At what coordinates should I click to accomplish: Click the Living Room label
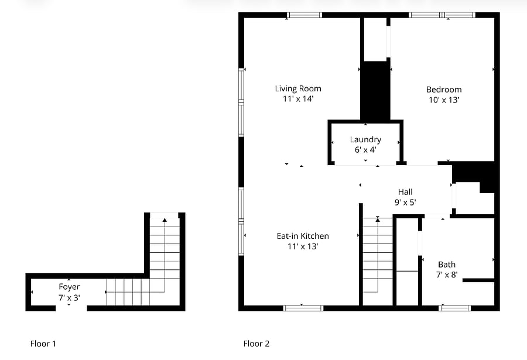click(x=298, y=89)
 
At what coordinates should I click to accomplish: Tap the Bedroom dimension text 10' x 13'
click(x=444, y=100)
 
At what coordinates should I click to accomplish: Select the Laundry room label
click(x=365, y=140)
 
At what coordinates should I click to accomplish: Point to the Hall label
click(x=405, y=192)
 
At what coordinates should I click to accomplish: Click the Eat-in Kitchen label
click(x=303, y=236)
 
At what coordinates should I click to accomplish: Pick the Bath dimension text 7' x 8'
click(x=447, y=275)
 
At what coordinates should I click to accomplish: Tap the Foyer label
click(x=69, y=287)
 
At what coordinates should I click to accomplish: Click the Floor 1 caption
click(x=43, y=344)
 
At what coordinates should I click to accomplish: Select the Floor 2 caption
click(x=256, y=344)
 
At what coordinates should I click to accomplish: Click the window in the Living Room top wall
click(x=304, y=15)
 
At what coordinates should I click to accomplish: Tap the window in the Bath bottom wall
click(x=455, y=308)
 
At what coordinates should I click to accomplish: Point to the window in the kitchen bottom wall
click(x=303, y=308)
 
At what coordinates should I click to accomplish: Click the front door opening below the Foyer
click(x=71, y=308)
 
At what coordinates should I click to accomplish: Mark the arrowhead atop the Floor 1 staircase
click(x=165, y=220)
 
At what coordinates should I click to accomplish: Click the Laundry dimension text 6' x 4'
click(x=365, y=150)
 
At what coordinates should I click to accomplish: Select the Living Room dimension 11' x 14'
click(x=298, y=99)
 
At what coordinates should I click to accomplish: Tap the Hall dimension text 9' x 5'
click(x=405, y=203)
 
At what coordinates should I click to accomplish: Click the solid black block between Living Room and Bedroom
click(x=375, y=91)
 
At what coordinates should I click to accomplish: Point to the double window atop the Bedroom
click(x=442, y=15)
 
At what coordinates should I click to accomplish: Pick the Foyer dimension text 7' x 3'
click(x=69, y=297)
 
